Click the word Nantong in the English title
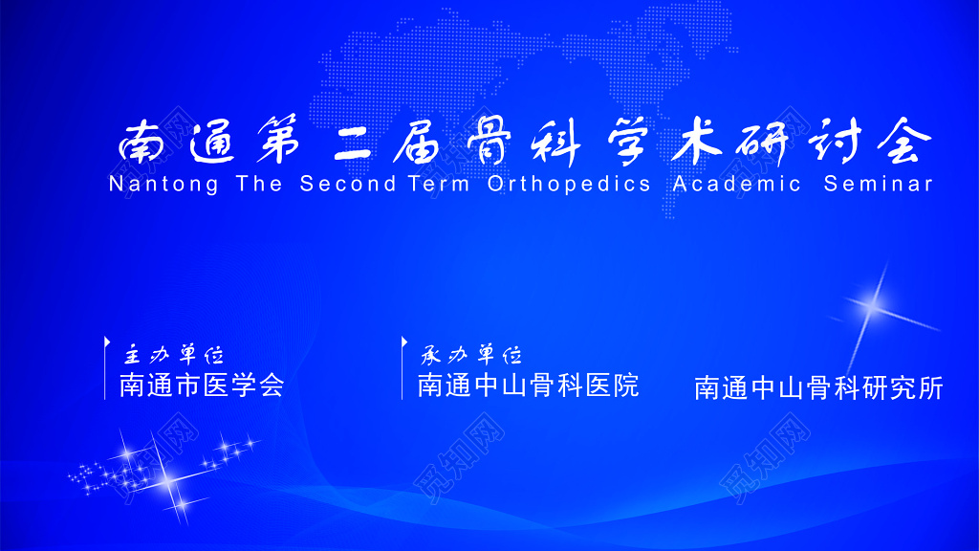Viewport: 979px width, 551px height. tap(163, 184)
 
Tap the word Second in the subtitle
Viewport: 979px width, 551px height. tap(347, 184)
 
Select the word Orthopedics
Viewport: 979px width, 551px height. tap(569, 184)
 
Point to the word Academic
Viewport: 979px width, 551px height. tap(736, 184)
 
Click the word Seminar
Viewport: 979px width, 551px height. tap(878, 184)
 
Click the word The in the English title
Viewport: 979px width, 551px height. tap(259, 184)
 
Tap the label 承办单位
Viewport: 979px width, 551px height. tap(472, 355)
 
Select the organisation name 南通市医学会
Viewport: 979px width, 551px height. tap(202, 386)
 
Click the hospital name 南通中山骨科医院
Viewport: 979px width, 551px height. tap(528, 386)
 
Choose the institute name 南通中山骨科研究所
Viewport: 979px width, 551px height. tap(818, 387)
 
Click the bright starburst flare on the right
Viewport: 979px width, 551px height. tap(872, 304)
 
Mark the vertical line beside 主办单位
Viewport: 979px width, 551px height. tap(105, 367)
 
